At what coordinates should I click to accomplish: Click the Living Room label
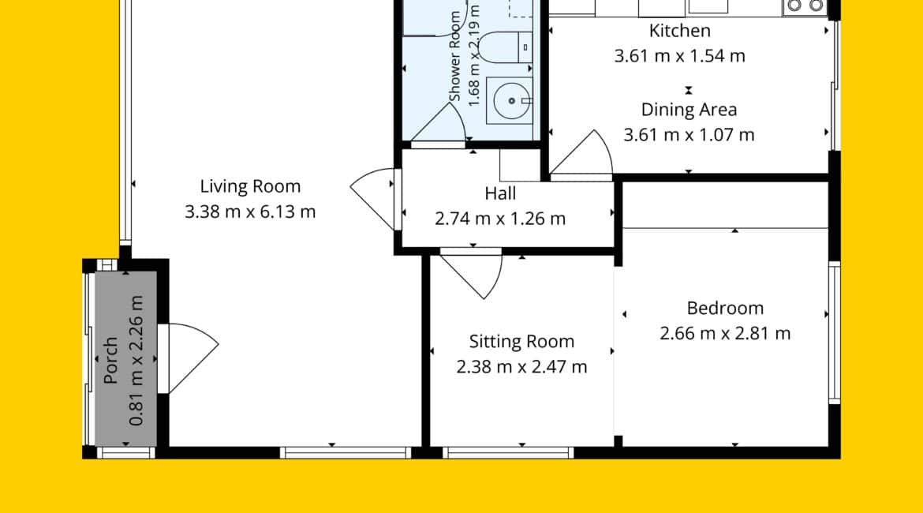tap(250, 186)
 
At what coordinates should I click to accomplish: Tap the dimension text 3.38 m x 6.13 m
tap(250, 212)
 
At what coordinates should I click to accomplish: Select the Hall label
tap(500, 193)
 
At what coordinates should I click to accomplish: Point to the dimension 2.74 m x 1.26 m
tap(500, 219)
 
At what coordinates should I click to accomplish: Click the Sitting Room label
tap(521, 342)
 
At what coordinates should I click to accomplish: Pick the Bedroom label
tap(725, 308)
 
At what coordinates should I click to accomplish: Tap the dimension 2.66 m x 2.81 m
tap(725, 333)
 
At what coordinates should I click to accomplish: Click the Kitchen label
tap(680, 31)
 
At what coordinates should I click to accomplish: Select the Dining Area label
tap(689, 110)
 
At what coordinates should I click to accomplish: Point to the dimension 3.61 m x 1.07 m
tap(689, 135)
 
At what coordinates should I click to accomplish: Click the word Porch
tap(110, 360)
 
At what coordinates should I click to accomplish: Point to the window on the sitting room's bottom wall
tap(507, 453)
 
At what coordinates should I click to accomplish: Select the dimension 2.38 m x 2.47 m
tap(521, 367)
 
